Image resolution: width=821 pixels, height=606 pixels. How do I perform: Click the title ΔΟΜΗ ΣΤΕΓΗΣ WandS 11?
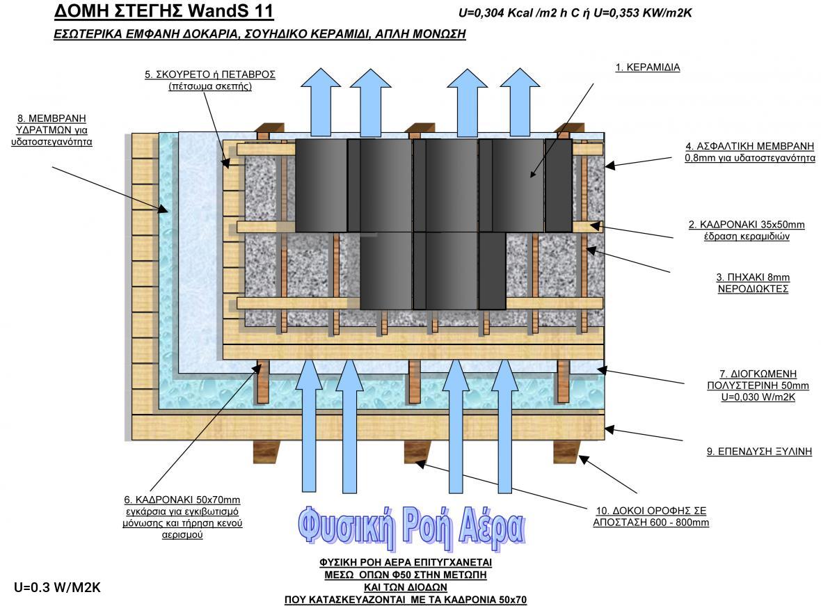(164, 10)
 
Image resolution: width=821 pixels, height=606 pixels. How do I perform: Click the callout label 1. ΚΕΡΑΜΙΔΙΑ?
(647, 67)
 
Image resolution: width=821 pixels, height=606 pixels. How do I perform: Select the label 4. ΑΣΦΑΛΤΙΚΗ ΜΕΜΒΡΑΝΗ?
(750, 146)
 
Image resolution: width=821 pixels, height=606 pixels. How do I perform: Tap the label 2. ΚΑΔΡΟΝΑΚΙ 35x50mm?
(746, 225)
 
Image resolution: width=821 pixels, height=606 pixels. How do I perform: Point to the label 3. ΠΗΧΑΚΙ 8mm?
(753, 277)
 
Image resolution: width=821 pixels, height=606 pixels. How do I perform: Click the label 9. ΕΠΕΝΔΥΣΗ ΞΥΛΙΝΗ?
(759, 452)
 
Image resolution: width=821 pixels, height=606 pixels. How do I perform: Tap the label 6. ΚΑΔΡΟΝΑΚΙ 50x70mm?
(182, 500)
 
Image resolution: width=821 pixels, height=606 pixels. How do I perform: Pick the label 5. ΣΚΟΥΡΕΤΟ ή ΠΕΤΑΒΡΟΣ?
(210, 74)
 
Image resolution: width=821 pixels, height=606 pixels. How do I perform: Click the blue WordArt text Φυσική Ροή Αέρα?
(411, 527)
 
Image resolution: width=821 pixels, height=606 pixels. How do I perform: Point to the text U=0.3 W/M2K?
(57, 588)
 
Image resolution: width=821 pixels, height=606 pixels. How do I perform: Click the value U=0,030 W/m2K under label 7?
(758, 397)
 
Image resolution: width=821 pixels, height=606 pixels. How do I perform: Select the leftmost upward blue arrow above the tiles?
(321, 103)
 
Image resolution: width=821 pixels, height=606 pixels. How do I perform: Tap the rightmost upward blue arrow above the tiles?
(520, 103)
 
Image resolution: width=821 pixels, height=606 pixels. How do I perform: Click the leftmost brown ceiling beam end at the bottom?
(266, 452)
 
